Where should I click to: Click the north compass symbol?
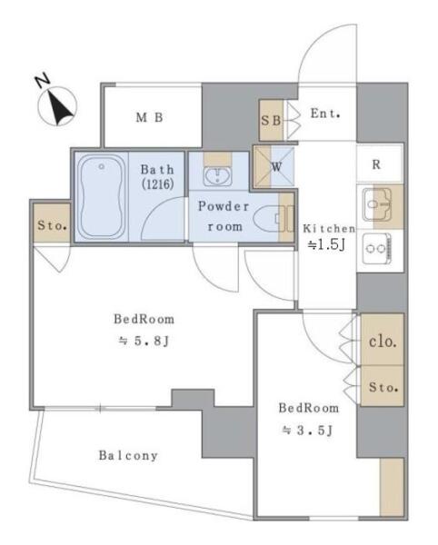pos(56,103)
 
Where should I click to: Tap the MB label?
pos(149,117)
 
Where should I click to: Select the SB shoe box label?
pos(271,120)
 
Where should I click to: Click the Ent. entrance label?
pos(325,114)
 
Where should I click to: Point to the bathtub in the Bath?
pos(101,196)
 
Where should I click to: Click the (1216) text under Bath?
pos(158,183)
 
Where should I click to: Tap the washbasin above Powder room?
pos(217,176)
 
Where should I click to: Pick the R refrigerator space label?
pos(376,164)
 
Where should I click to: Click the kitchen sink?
pos(377,204)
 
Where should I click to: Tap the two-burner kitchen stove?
pos(377,249)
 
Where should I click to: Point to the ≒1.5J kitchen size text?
pos(327,245)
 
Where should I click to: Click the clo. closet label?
pos(383,342)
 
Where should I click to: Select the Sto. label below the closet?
pos(383,387)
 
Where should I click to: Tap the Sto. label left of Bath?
pos(52,225)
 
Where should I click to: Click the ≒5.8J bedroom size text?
pos(144,341)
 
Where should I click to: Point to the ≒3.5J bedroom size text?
pos(308,431)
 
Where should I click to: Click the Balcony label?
pos(128,455)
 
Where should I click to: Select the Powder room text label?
pos(224,216)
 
